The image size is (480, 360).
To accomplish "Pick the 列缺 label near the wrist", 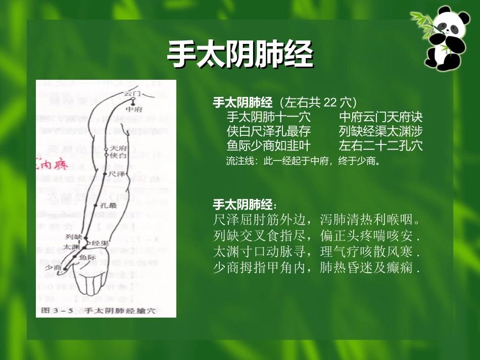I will pyautogui.click(x=74, y=236).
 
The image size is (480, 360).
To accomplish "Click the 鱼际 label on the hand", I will pyautogui.click(x=87, y=258).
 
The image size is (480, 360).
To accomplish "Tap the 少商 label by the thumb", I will pyautogui.click(x=53, y=267).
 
